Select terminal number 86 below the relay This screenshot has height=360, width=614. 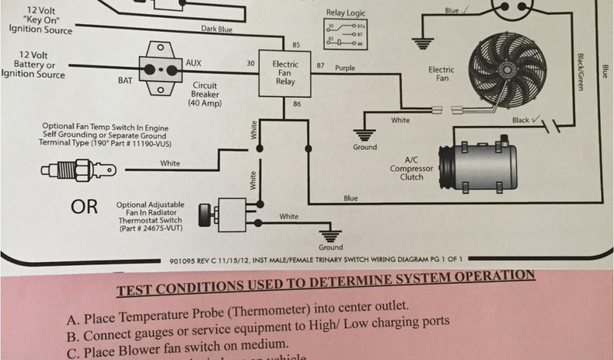coord(296,104)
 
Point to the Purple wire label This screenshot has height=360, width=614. coord(345,68)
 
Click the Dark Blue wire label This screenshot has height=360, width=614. coord(216,29)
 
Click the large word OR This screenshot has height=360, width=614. coord(84,207)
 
